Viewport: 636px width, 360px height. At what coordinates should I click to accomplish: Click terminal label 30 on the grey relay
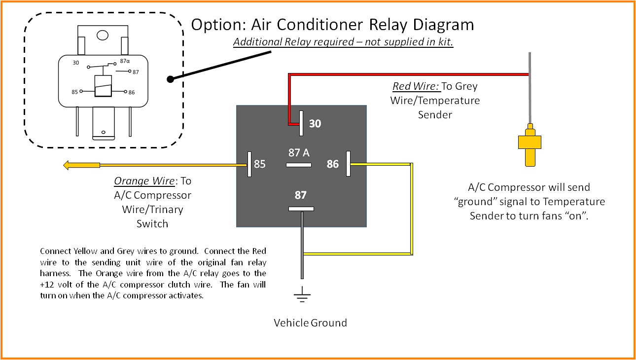click(315, 124)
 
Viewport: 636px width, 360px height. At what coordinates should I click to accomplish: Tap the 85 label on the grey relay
click(259, 164)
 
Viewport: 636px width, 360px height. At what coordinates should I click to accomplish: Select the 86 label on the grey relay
click(333, 164)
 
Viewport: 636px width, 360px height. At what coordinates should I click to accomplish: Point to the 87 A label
click(299, 153)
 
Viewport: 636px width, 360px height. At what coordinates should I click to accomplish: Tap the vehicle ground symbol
click(302, 296)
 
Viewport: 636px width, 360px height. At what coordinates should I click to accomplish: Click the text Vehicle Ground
click(310, 323)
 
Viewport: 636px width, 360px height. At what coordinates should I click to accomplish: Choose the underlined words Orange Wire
click(144, 181)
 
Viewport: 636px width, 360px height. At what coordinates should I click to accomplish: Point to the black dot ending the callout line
click(170, 79)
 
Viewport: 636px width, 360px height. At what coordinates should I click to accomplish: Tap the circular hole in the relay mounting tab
click(103, 35)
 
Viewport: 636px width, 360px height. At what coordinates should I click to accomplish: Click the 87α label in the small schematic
click(125, 62)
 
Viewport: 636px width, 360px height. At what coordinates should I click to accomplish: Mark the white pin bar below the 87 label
click(301, 209)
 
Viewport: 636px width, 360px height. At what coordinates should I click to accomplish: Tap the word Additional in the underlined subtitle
click(257, 42)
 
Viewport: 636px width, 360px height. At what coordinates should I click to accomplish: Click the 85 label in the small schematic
click(75, 92)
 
